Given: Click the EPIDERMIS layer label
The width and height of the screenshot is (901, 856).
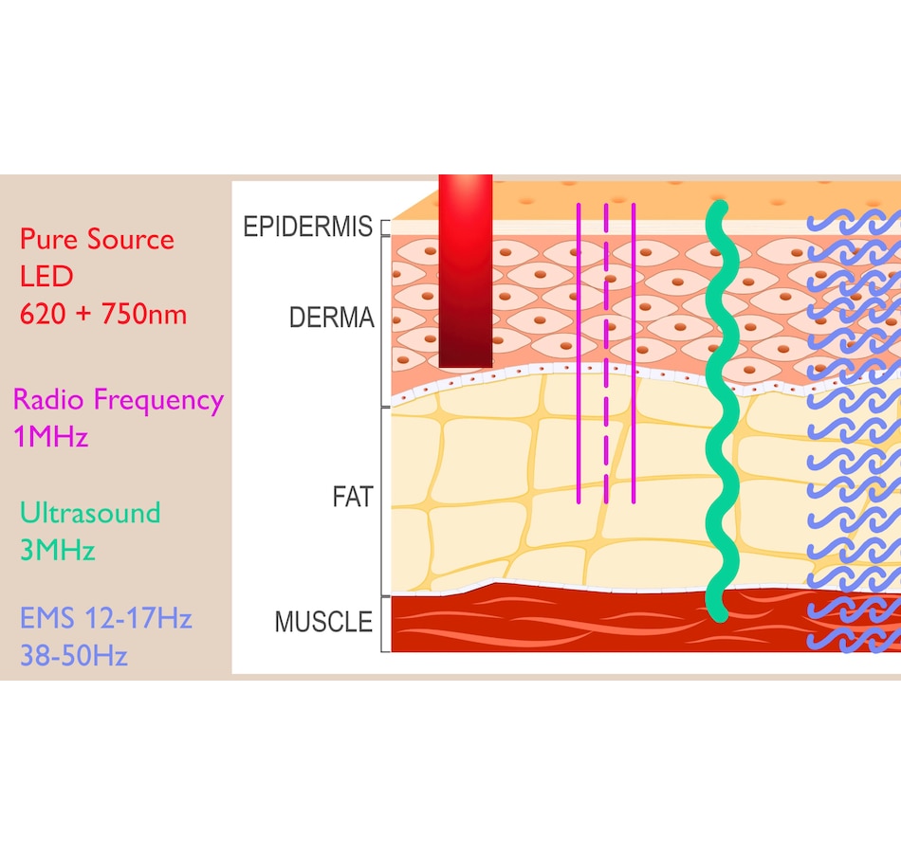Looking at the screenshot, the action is pyautogui.click(x=308, y=226).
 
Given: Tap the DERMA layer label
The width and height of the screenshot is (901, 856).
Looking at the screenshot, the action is pyautogui.click(x=332, y=318).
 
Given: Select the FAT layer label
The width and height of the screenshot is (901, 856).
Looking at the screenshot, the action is pyautogui.click(x=353, y=497).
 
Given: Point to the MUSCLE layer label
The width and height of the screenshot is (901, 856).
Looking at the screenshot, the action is pyautogui.click(x=323, y=622).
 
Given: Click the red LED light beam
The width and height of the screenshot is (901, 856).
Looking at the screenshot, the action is pyautogui.click(x=466, y=271).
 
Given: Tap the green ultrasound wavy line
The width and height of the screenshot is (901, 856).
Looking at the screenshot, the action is pyautogui.click(x=722, y=411).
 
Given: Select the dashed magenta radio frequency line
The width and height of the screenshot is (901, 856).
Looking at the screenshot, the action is pyautogui.click(x=606, y=354).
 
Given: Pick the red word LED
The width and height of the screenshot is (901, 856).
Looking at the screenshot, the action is pyautogui.click(x=46, y=277).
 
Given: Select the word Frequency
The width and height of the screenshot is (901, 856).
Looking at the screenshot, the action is pyautogui.click(x=158, y=401).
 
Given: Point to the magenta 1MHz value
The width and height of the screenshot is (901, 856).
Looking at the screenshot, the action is pyautogui.click(x=51, y=436).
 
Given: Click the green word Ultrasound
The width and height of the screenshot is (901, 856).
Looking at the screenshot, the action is pyautogui.click(x=90, y=513).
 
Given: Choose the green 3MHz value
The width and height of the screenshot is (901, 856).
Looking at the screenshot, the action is pyautogui.click(x=58, y=550).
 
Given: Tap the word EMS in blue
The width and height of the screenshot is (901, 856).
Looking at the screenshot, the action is pyautogui.click(x=47, y=618).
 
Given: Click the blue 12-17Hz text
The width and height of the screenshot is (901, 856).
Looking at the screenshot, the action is pyautogui.click(x=138, y=618).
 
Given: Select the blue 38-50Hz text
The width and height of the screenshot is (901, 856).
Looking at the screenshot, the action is pyautogui.click(x=74, y=655).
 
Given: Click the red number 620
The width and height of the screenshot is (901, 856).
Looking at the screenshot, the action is pyautogui.click(x=43, y=314).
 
